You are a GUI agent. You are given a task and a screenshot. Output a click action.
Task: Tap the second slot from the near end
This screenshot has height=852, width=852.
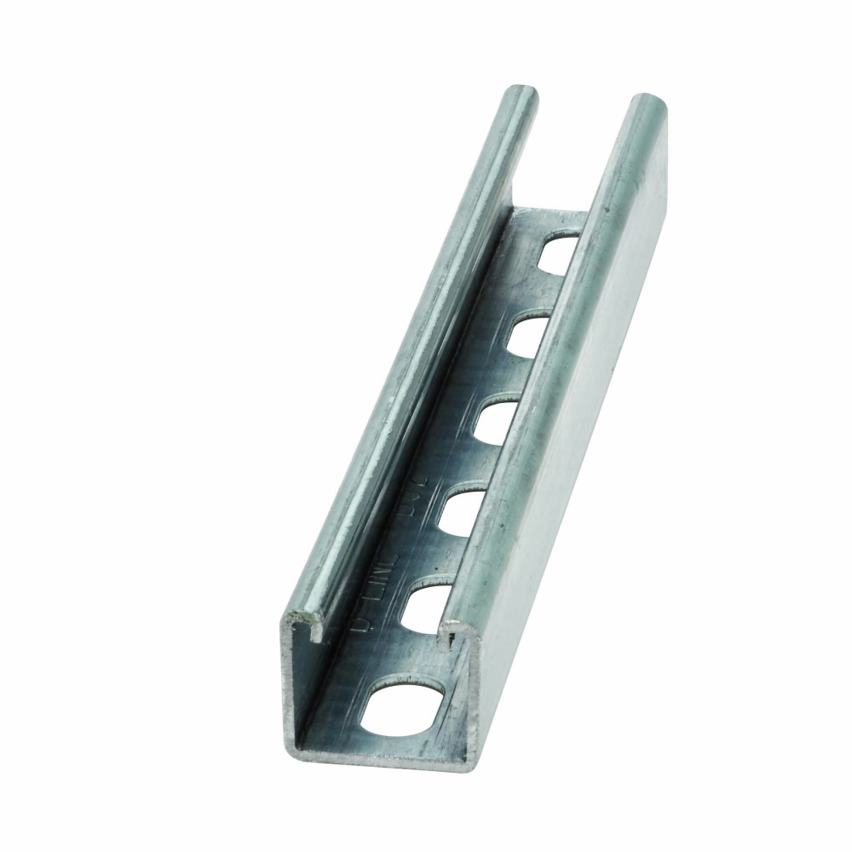click(426, 607)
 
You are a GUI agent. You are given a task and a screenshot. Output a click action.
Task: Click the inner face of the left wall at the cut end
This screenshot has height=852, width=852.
click(302, 682)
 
